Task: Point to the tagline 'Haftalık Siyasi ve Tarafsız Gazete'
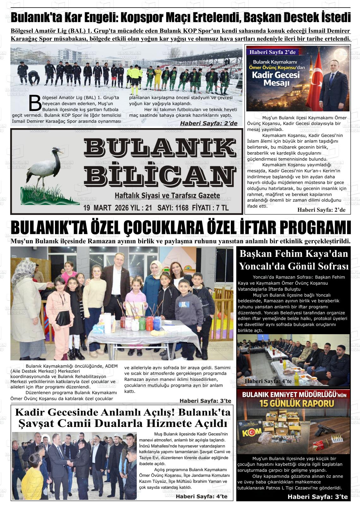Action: click(x=167, y=196)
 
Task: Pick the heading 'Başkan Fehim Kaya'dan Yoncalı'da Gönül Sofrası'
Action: click(x=294, y=260)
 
